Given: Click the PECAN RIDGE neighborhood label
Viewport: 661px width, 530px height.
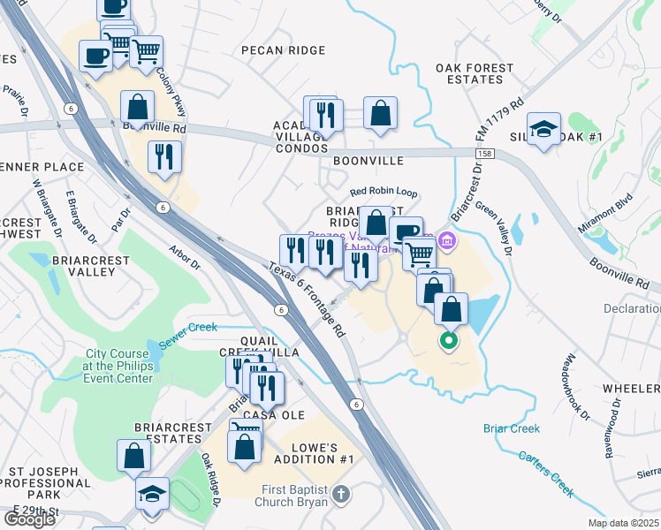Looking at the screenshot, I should coord(283,50).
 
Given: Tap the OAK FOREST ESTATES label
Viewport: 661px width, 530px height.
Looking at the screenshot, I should coord(475,73).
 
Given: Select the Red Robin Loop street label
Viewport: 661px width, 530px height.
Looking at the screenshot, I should coord(383,191).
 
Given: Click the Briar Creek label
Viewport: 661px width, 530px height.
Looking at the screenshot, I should coord(511,428).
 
